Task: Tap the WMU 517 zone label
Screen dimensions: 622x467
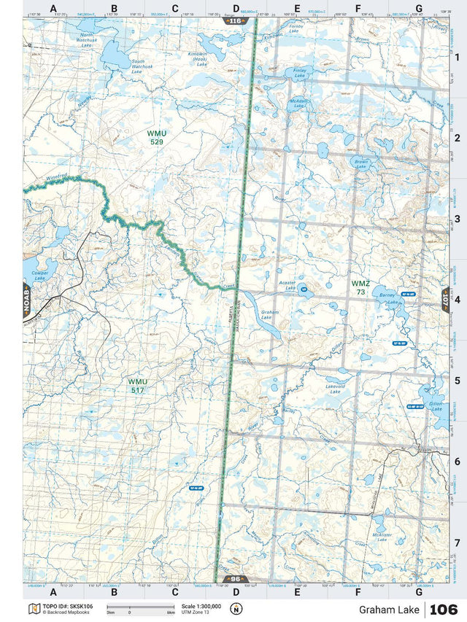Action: click(x=137, y=386)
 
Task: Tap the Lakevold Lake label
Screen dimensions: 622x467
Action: click(x=335, y=389)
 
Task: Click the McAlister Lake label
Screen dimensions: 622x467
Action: click(x=382, y=537)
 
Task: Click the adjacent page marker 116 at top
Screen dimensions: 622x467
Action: click(x=234, y=21)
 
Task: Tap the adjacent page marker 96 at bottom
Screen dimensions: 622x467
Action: click(x=234, y=579)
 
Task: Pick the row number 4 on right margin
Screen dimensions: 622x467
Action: click(x=456, y=300)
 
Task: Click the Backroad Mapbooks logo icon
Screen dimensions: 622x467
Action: click(x=32, y=609)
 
